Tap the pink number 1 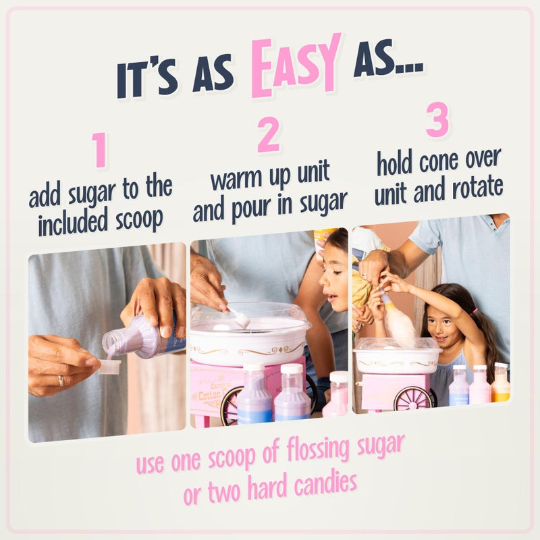pos(100,149)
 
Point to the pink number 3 pos(437,121)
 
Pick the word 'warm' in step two pos(236,179)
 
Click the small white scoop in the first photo pos(109,367)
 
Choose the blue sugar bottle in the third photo pos(459,387)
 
